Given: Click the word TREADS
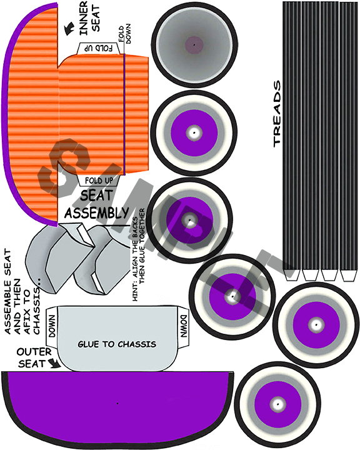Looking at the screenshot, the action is point(277,114).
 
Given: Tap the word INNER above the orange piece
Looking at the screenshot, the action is point(84,18).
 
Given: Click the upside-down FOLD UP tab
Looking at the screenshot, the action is point(99,48).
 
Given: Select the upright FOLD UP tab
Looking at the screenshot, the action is point(99,181).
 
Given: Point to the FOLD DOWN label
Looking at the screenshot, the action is point(125,34).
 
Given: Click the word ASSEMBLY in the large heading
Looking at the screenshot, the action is point(97,212).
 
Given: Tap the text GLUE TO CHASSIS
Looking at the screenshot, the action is point(117,344).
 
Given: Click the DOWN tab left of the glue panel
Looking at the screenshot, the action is point(52,326).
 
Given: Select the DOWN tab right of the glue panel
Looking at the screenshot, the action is point(183,326).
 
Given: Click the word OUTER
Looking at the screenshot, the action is point(34,352).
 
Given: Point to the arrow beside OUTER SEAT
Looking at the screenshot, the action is point(54,363).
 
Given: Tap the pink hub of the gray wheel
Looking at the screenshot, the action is point(194,45).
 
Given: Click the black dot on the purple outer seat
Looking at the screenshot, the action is point(117,403).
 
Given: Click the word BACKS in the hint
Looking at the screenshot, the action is point(135,229).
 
